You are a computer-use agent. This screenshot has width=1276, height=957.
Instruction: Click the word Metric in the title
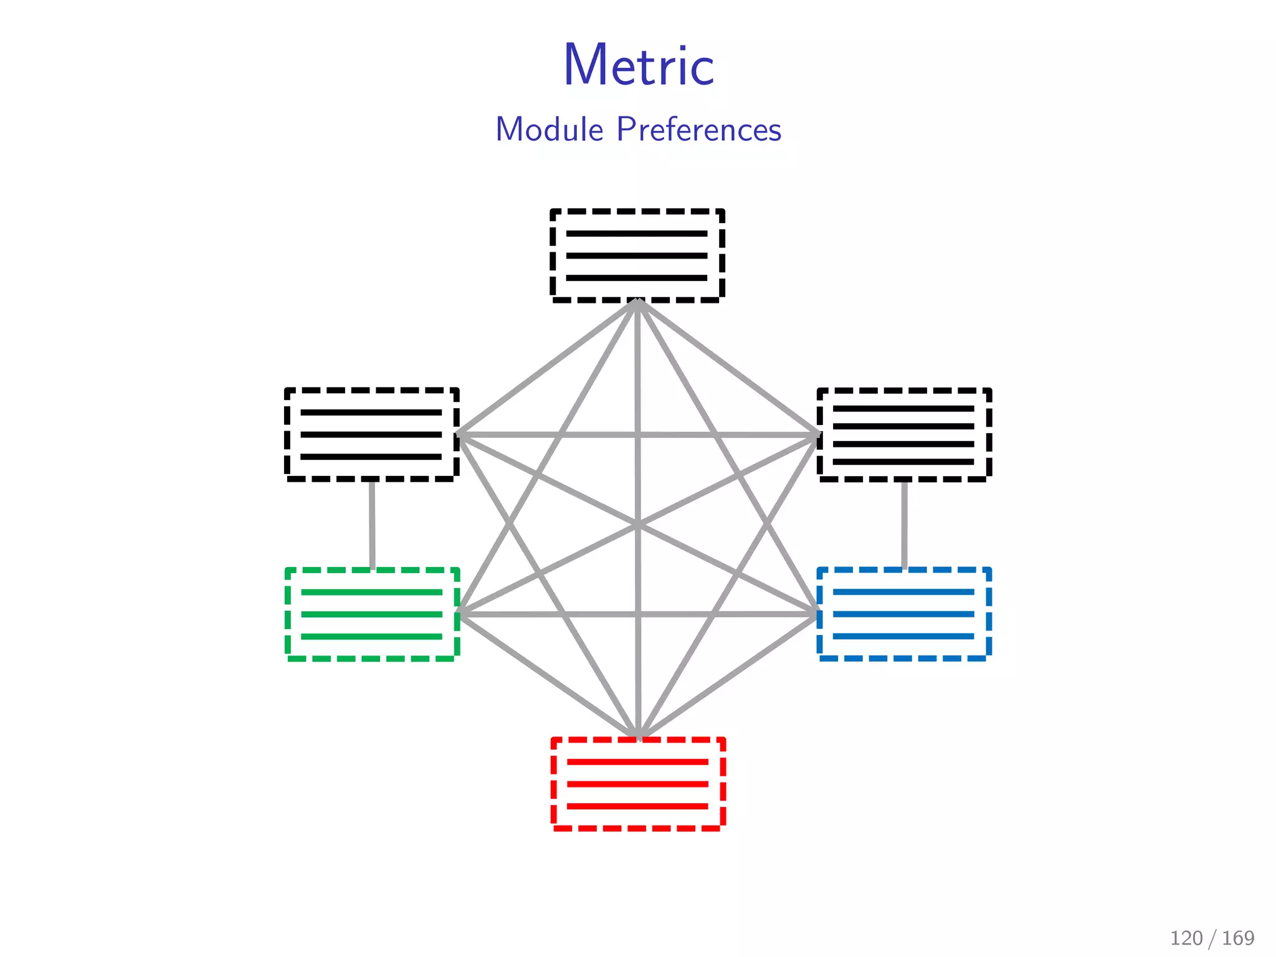639,65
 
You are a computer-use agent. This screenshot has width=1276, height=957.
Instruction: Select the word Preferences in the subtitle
698,130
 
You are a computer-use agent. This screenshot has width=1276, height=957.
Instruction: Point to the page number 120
1186,938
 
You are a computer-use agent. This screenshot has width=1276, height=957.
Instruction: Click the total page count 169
1238,938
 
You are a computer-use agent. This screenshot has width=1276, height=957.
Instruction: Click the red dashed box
638,784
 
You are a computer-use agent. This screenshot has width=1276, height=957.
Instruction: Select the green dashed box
372,614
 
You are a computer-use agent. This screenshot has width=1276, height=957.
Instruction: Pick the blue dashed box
903,614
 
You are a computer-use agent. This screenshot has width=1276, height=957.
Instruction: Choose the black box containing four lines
903,435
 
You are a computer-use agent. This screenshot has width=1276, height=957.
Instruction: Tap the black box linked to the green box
372,435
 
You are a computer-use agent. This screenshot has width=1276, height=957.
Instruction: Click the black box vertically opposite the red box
637,256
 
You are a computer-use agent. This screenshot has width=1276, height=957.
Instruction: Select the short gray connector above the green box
372,524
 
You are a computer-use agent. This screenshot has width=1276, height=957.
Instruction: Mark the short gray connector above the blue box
904,524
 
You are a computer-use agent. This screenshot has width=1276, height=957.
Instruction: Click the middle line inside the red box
638,784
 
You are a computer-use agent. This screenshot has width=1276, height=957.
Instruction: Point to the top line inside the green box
372,592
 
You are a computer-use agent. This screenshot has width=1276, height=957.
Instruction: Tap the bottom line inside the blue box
903,636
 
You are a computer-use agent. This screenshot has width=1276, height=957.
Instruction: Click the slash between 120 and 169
1212,938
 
